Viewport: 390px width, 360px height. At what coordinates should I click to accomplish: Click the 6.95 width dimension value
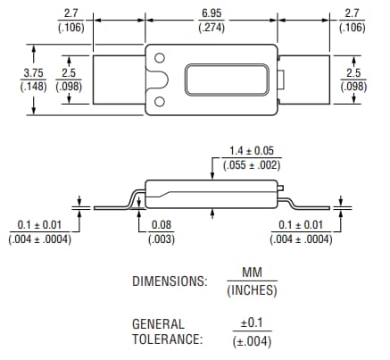click(x=212, y=12)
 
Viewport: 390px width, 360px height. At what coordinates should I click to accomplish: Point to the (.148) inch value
click(x=33, y=87)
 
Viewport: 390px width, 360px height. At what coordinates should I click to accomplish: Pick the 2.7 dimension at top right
click(x=352, y=12)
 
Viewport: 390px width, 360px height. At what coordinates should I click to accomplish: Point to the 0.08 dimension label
click(x=162, y=225)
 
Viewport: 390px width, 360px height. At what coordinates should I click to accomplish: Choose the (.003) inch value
click(x=162, y=239)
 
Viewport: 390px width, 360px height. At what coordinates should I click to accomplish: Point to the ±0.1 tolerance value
click(x=252, y=323)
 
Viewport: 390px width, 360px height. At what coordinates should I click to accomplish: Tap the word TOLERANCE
click(x=167, y=339)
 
